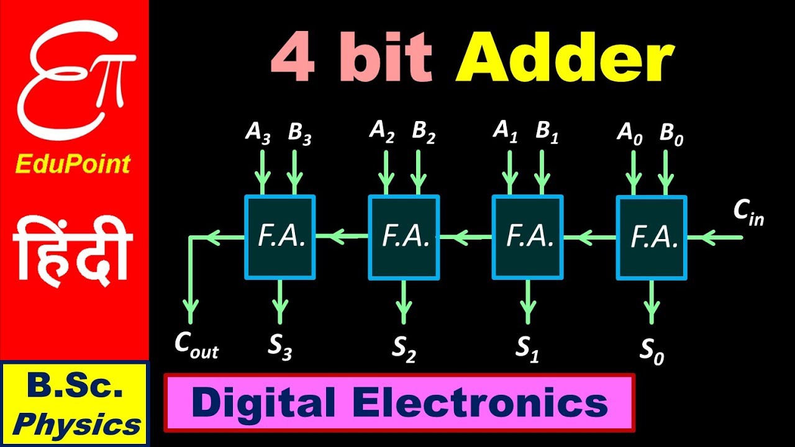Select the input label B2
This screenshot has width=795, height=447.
point(423,133)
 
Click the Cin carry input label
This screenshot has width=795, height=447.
point(748,213)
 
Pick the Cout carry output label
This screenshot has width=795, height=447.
point(196,348)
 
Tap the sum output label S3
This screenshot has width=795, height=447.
point(280,348)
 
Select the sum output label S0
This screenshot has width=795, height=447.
point(652,352)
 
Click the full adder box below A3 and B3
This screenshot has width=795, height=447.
point(280,237)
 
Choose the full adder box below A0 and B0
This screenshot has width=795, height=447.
point(652,237)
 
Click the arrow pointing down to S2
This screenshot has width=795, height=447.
point(404,301)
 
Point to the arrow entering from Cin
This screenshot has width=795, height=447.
point(714,237)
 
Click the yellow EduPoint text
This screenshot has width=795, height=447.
point(73,165)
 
